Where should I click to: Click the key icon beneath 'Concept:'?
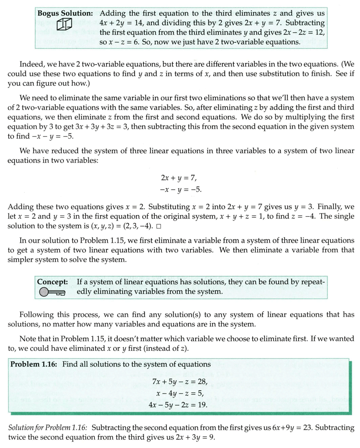[52, 292]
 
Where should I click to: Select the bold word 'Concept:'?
[52, 281]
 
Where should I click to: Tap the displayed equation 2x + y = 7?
[178, 177]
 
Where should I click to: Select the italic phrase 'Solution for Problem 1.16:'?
[48, 428]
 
